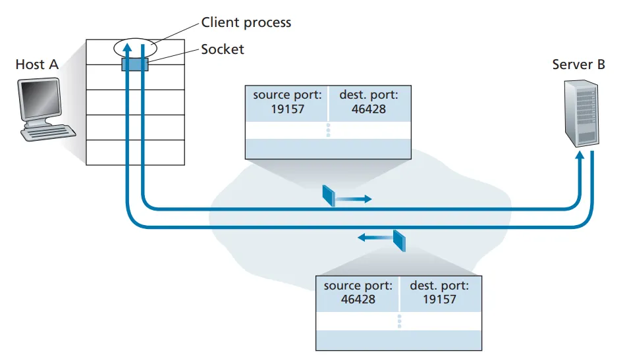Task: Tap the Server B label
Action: pos(578,64)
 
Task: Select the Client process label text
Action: pos(246,23)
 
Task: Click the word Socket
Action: pos(223,49)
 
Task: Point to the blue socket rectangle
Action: pos(135,64)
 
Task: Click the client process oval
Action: pos(135,47)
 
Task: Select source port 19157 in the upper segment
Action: pos(288,102)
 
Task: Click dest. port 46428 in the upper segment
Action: pos(368,102)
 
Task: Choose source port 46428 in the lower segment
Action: pos(358,292)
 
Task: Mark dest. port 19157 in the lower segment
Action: pos(439,292)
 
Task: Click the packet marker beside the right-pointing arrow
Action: pos(329,195)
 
